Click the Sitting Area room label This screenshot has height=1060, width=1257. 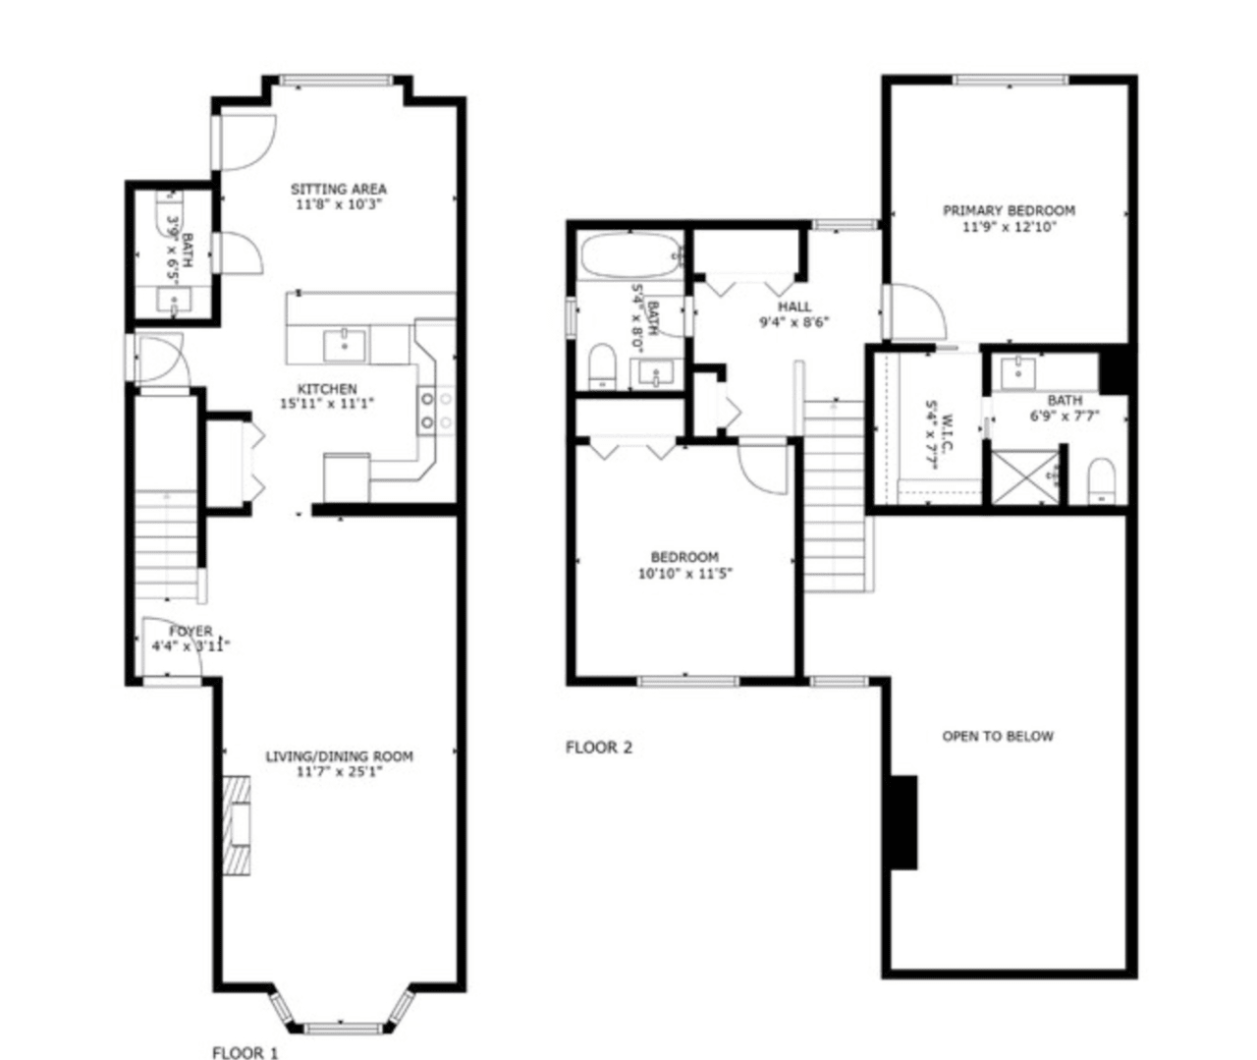[x=338, y=189]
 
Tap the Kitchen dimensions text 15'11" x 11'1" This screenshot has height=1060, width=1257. [x=327, y=404]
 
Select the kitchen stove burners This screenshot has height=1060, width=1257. [x=437, y=411]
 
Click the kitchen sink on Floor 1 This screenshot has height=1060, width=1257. [x=345, y=345]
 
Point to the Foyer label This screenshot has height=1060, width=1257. [x=191, y=632]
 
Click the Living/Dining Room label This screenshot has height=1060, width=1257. [x=339, y=756]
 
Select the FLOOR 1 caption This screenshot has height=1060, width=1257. [x=245, y=1053]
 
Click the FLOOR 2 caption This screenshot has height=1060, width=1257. [x=598, y=748]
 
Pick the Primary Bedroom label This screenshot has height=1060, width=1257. [x=1009, y=210]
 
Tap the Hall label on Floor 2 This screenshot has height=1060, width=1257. [x=794, y=307]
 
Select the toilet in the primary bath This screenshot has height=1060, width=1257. [x=1103, y=480]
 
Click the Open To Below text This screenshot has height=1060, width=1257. [x=997, y=736]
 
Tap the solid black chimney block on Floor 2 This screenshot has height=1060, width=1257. [x=903, y=822]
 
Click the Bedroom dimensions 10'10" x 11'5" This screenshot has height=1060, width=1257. [x=684, y=574]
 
